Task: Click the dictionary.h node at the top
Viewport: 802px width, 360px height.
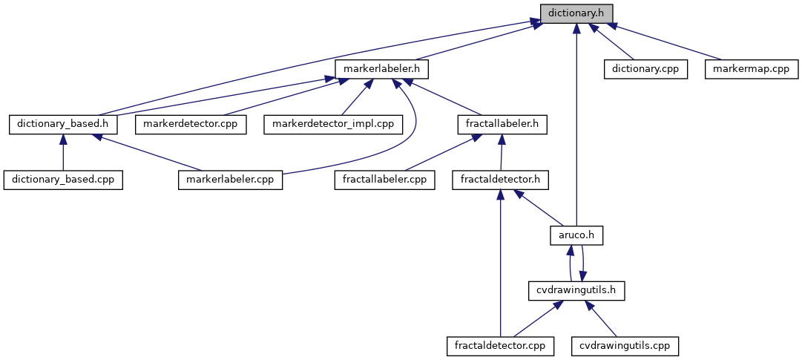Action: point(576,13)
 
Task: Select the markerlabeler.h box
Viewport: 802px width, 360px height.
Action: point(382,68)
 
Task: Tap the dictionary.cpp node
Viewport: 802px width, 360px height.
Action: point(645,68)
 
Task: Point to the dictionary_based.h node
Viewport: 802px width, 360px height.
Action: point(63,123)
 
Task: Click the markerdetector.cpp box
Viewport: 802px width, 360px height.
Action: point(190,123)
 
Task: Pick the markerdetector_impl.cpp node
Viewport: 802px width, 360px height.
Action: point(333,123)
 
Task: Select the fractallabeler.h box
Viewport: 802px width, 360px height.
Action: point(503,123)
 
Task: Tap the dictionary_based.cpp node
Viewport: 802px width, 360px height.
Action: point(63,180)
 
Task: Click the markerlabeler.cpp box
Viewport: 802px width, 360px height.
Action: point(231,180)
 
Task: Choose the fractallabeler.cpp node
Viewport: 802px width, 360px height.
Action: point(384,180)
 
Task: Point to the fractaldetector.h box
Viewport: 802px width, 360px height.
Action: point(500,180)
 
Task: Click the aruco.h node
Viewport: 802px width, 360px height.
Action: point(576,235)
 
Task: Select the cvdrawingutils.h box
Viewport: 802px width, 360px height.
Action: point(576,290)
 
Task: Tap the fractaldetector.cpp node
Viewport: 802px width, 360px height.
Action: point(501,346)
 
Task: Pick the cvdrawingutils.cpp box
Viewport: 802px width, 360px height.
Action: point(625,346)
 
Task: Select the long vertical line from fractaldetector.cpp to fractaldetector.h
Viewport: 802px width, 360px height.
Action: point(501,267)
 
